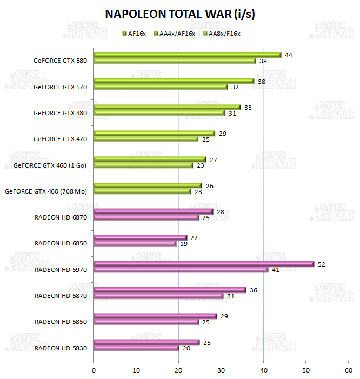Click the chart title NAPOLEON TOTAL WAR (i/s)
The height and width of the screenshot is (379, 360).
pos(180,14)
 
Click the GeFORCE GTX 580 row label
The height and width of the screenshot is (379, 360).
pos(60,61)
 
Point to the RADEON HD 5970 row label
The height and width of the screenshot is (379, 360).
pos(60,269)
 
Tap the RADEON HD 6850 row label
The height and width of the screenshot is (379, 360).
pos(60,243)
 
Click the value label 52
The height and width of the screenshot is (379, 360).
pos(321,264)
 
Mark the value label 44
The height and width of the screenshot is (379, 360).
pos(288,55)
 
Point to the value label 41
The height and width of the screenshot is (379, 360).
pos(275,270)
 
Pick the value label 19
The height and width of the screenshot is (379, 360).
pos(184,244)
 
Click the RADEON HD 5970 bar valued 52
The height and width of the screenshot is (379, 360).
pos(204,264)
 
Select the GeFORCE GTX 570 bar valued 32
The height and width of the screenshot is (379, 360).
pos(161,87)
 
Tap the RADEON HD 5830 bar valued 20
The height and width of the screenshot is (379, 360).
pos(136,348)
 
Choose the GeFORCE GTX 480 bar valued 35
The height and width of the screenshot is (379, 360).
pos(167,107)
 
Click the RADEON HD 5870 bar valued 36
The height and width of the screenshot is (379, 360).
pos(170,290)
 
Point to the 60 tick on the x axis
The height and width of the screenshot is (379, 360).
pos(348,370)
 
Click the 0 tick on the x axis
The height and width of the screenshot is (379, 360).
pos(94,370)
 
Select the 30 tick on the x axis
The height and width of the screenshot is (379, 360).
pos(221,370)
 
